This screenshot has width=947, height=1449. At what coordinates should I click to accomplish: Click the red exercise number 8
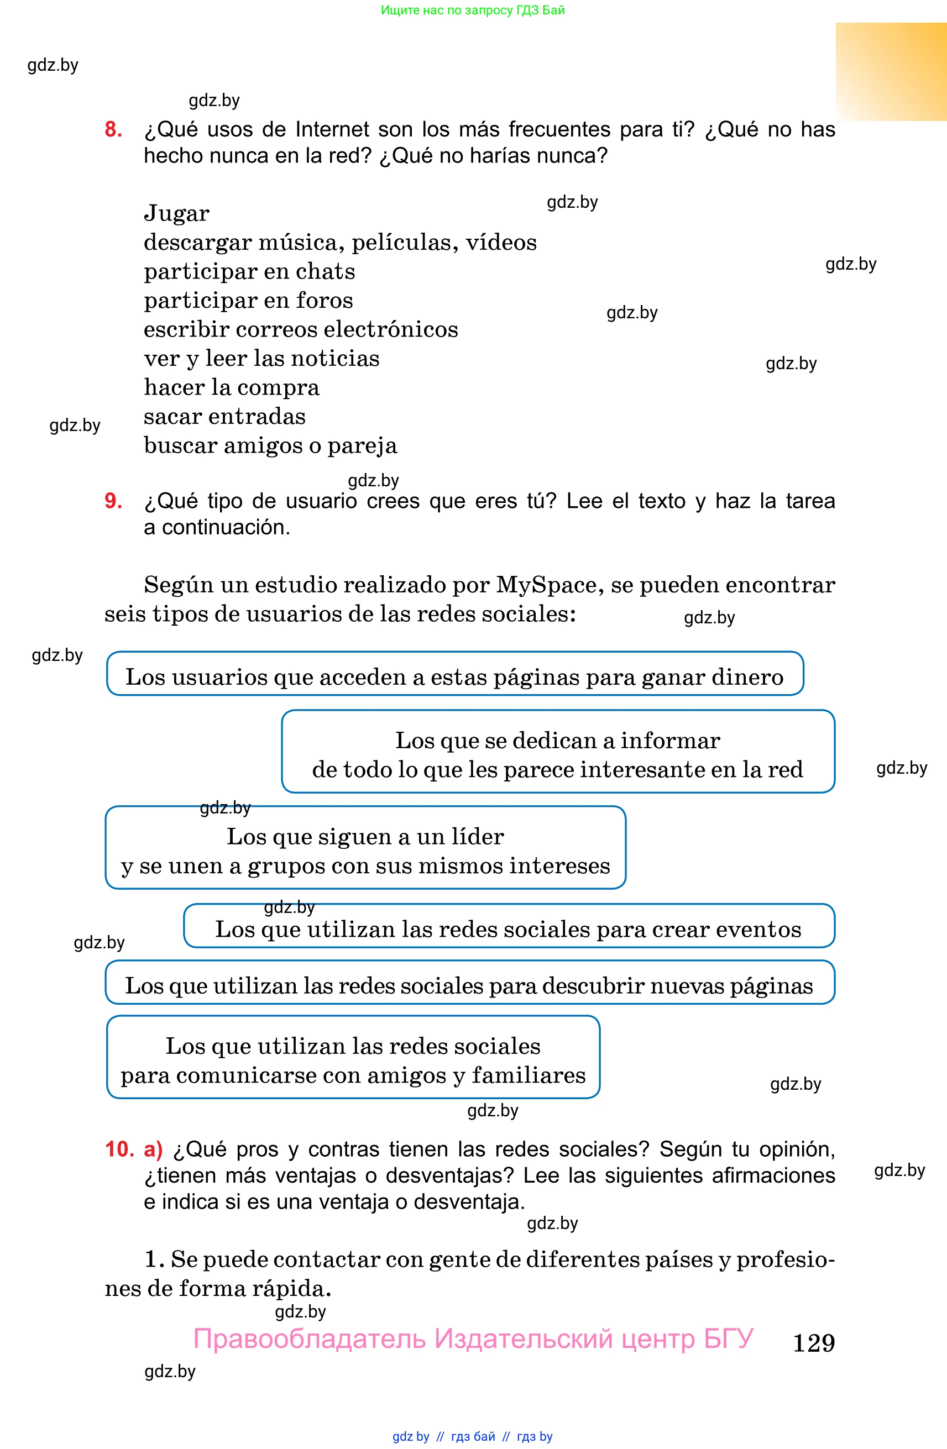(113, 130)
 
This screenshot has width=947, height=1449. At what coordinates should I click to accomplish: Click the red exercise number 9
(113, 501)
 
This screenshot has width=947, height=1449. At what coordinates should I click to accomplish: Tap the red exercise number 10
(119, 1149)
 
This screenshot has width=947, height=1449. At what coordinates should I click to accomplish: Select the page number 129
(813, 1343)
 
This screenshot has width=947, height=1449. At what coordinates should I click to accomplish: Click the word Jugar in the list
(176, 214)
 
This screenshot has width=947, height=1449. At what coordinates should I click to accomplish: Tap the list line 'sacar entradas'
(224, 417)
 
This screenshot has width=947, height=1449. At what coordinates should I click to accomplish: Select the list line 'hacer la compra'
(232, 388)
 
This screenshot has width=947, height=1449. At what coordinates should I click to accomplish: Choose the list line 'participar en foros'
(248, 301)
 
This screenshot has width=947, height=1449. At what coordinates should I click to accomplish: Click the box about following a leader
(365, 848)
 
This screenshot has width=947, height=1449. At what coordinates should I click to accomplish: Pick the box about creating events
(509, 926)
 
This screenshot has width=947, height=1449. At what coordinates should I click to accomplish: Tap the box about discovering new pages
(469, 983)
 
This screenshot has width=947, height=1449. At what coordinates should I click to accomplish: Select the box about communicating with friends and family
(353, 1058)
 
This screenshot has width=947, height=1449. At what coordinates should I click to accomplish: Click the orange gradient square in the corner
(891, 71)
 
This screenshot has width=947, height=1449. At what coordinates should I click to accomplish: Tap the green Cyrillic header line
(473, 11)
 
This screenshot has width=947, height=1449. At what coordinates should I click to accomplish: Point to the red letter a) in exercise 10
(153, 1149)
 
